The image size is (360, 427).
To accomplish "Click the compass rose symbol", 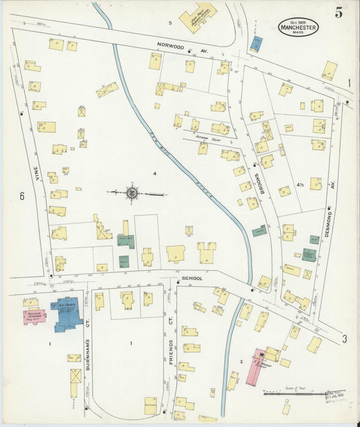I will (x=132, y=194).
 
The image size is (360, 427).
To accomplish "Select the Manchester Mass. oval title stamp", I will (x=298, y=28).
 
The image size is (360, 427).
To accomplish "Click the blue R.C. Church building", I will (x=68, y=313).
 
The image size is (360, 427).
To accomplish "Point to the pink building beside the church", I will (x=34, y=316).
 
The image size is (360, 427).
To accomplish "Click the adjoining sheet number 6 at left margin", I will (x=22, y=196).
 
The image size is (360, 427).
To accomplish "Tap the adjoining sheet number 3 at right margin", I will (x=344, y=338).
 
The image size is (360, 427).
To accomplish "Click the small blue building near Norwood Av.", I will (x=255, y=44).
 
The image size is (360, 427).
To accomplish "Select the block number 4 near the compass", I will (x=155, y=174).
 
